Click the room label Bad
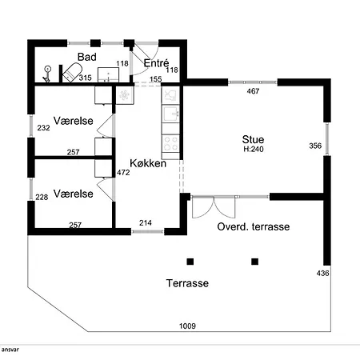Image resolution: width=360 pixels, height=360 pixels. pos(87,57)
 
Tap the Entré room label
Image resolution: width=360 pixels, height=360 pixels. pos(156,63)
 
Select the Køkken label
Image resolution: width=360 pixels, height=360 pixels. pos(148,163)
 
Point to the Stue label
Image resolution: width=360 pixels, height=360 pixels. pos(253,139)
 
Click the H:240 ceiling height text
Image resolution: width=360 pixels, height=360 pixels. pos(254,149)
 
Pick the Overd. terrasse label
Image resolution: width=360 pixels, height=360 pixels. pos(254,226)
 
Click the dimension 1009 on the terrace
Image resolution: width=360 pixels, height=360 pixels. pos(187,326)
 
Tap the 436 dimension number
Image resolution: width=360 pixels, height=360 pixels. pos(322,273)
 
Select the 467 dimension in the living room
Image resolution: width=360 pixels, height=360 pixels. pos(253,91)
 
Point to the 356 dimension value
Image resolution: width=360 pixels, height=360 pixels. pos(315,146)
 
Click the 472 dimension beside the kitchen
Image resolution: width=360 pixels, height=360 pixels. pos(123,173)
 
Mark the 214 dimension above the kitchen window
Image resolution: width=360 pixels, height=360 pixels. pos(146,222)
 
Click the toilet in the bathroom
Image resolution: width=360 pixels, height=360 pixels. pos(71,73)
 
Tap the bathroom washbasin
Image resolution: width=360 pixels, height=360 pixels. pos(108,75)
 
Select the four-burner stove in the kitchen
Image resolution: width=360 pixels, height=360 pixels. pos(170,143)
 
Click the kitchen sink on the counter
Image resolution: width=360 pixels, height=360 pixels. pos(170,114)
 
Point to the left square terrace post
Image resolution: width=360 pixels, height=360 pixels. pos(190,262)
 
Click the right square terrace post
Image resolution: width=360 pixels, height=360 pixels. pos(255,262)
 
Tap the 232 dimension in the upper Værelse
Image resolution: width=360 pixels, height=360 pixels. pos(43,128)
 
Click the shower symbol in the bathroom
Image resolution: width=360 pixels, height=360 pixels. pos(47,74)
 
